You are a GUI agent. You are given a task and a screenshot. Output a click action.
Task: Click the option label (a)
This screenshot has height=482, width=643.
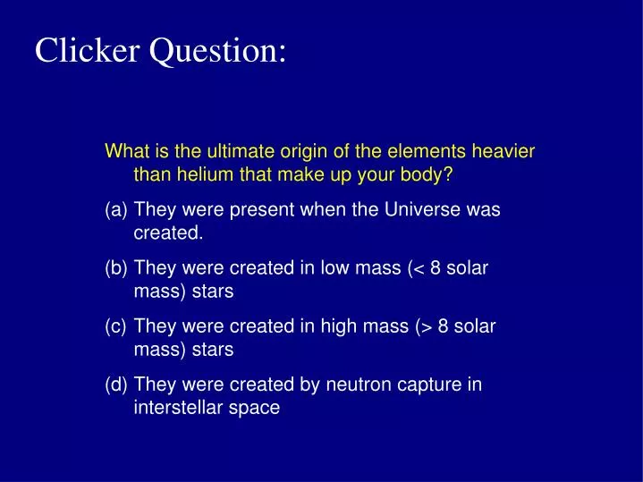tap(116, 210)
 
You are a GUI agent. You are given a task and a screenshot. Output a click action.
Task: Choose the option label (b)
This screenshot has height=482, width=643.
tap(116, 268)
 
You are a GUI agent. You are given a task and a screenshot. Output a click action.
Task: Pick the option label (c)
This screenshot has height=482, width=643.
tap(116, 327)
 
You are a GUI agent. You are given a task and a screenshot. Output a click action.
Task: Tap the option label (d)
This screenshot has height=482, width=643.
tap(116, 385)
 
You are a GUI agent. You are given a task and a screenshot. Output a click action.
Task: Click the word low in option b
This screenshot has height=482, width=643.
tap(333, 268)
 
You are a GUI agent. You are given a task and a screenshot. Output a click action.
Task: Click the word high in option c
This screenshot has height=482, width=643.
tap(335, 327)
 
